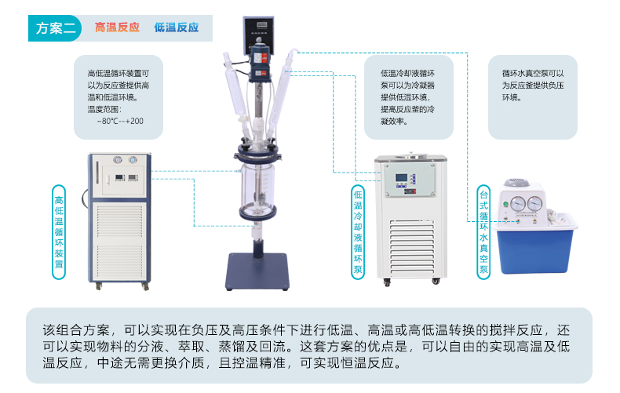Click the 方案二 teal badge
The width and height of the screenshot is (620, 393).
55,28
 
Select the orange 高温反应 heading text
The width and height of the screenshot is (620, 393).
117,27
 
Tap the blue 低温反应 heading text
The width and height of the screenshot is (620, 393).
177,27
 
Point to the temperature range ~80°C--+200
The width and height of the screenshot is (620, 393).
120,121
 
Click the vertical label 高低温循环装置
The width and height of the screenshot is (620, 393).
59,232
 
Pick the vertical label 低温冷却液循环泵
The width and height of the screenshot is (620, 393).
358,232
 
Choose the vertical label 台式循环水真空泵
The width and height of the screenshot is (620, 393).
483,232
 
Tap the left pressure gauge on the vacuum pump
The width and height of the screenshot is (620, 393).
518,204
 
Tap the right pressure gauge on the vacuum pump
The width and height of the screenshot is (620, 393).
534,204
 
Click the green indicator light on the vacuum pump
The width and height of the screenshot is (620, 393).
505,205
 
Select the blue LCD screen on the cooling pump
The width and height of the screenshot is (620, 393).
401,178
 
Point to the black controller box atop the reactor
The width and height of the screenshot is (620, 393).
259,35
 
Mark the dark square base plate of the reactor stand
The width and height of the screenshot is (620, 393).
257,271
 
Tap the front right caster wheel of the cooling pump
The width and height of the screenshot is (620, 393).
436,281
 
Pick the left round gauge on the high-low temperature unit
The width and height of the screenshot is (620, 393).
118,160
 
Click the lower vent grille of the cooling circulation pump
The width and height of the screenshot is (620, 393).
411,247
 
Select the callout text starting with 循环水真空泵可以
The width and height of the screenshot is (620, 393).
533,86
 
